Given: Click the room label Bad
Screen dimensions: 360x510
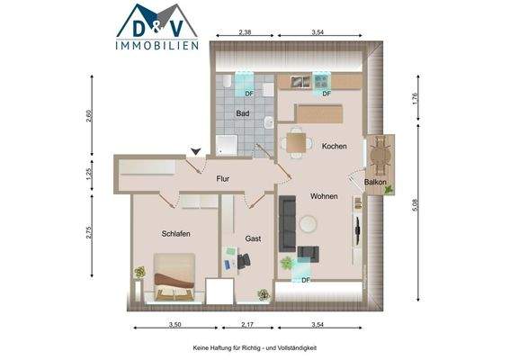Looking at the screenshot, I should click(x=243, y=114).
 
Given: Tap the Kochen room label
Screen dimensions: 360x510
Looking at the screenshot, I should click(x=335, y=147).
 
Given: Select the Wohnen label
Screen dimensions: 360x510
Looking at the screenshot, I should click(x=325, y=196).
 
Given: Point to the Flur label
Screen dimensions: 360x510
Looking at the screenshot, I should click(x=223, y=179).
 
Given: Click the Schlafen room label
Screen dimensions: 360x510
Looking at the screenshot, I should click(x=174, y=234).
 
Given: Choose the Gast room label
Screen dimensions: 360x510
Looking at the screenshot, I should click(x=254, y=238).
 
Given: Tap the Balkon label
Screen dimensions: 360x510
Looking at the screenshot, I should click(x=376, y=183).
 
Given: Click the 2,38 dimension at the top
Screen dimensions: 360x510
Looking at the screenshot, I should click(x=245, y=32).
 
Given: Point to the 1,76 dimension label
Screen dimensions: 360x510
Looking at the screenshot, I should click(x=416, y=100).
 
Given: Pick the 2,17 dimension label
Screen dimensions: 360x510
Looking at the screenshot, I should click(x=247, y=324).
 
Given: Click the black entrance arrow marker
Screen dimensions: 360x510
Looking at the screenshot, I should click(x=196, y=152).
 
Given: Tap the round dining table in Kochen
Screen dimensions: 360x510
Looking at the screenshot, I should click(x=298, y=140).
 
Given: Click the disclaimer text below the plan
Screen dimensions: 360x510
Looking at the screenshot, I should click(x=255, y=348).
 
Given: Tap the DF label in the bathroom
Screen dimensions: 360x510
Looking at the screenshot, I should click(x=249, y=94).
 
